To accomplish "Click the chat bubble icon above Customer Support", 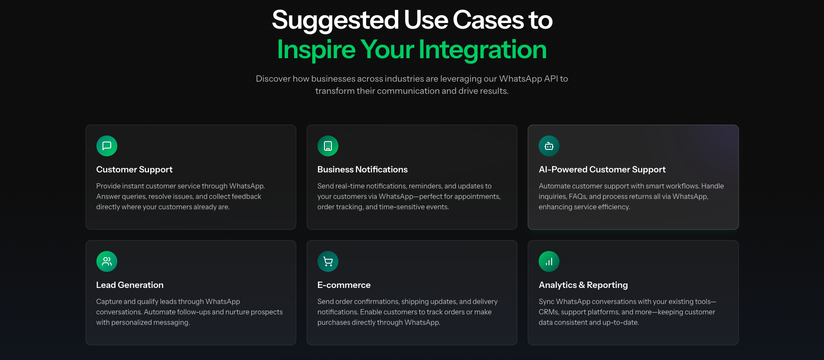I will coord(107,146).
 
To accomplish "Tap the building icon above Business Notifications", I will coord(328,146).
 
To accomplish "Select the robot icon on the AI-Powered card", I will coord(549,146).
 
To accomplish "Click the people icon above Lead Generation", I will coord(107,261).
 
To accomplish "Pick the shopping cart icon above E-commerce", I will coord(328,261).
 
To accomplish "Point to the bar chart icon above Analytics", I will coord(549,261).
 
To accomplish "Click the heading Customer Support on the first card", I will coord(134,170).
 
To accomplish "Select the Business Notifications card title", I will coord(362,170).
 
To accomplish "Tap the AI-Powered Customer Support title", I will coord(602,170).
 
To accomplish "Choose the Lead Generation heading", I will coord(130,285).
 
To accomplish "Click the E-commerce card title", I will coord(344,285).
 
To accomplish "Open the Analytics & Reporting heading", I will coord(583,285).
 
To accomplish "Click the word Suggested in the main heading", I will coord(335,20).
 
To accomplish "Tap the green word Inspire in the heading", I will coord(316,50).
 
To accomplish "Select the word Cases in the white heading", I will coord(488,20).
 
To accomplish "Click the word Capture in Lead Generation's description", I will coord(109,302).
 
